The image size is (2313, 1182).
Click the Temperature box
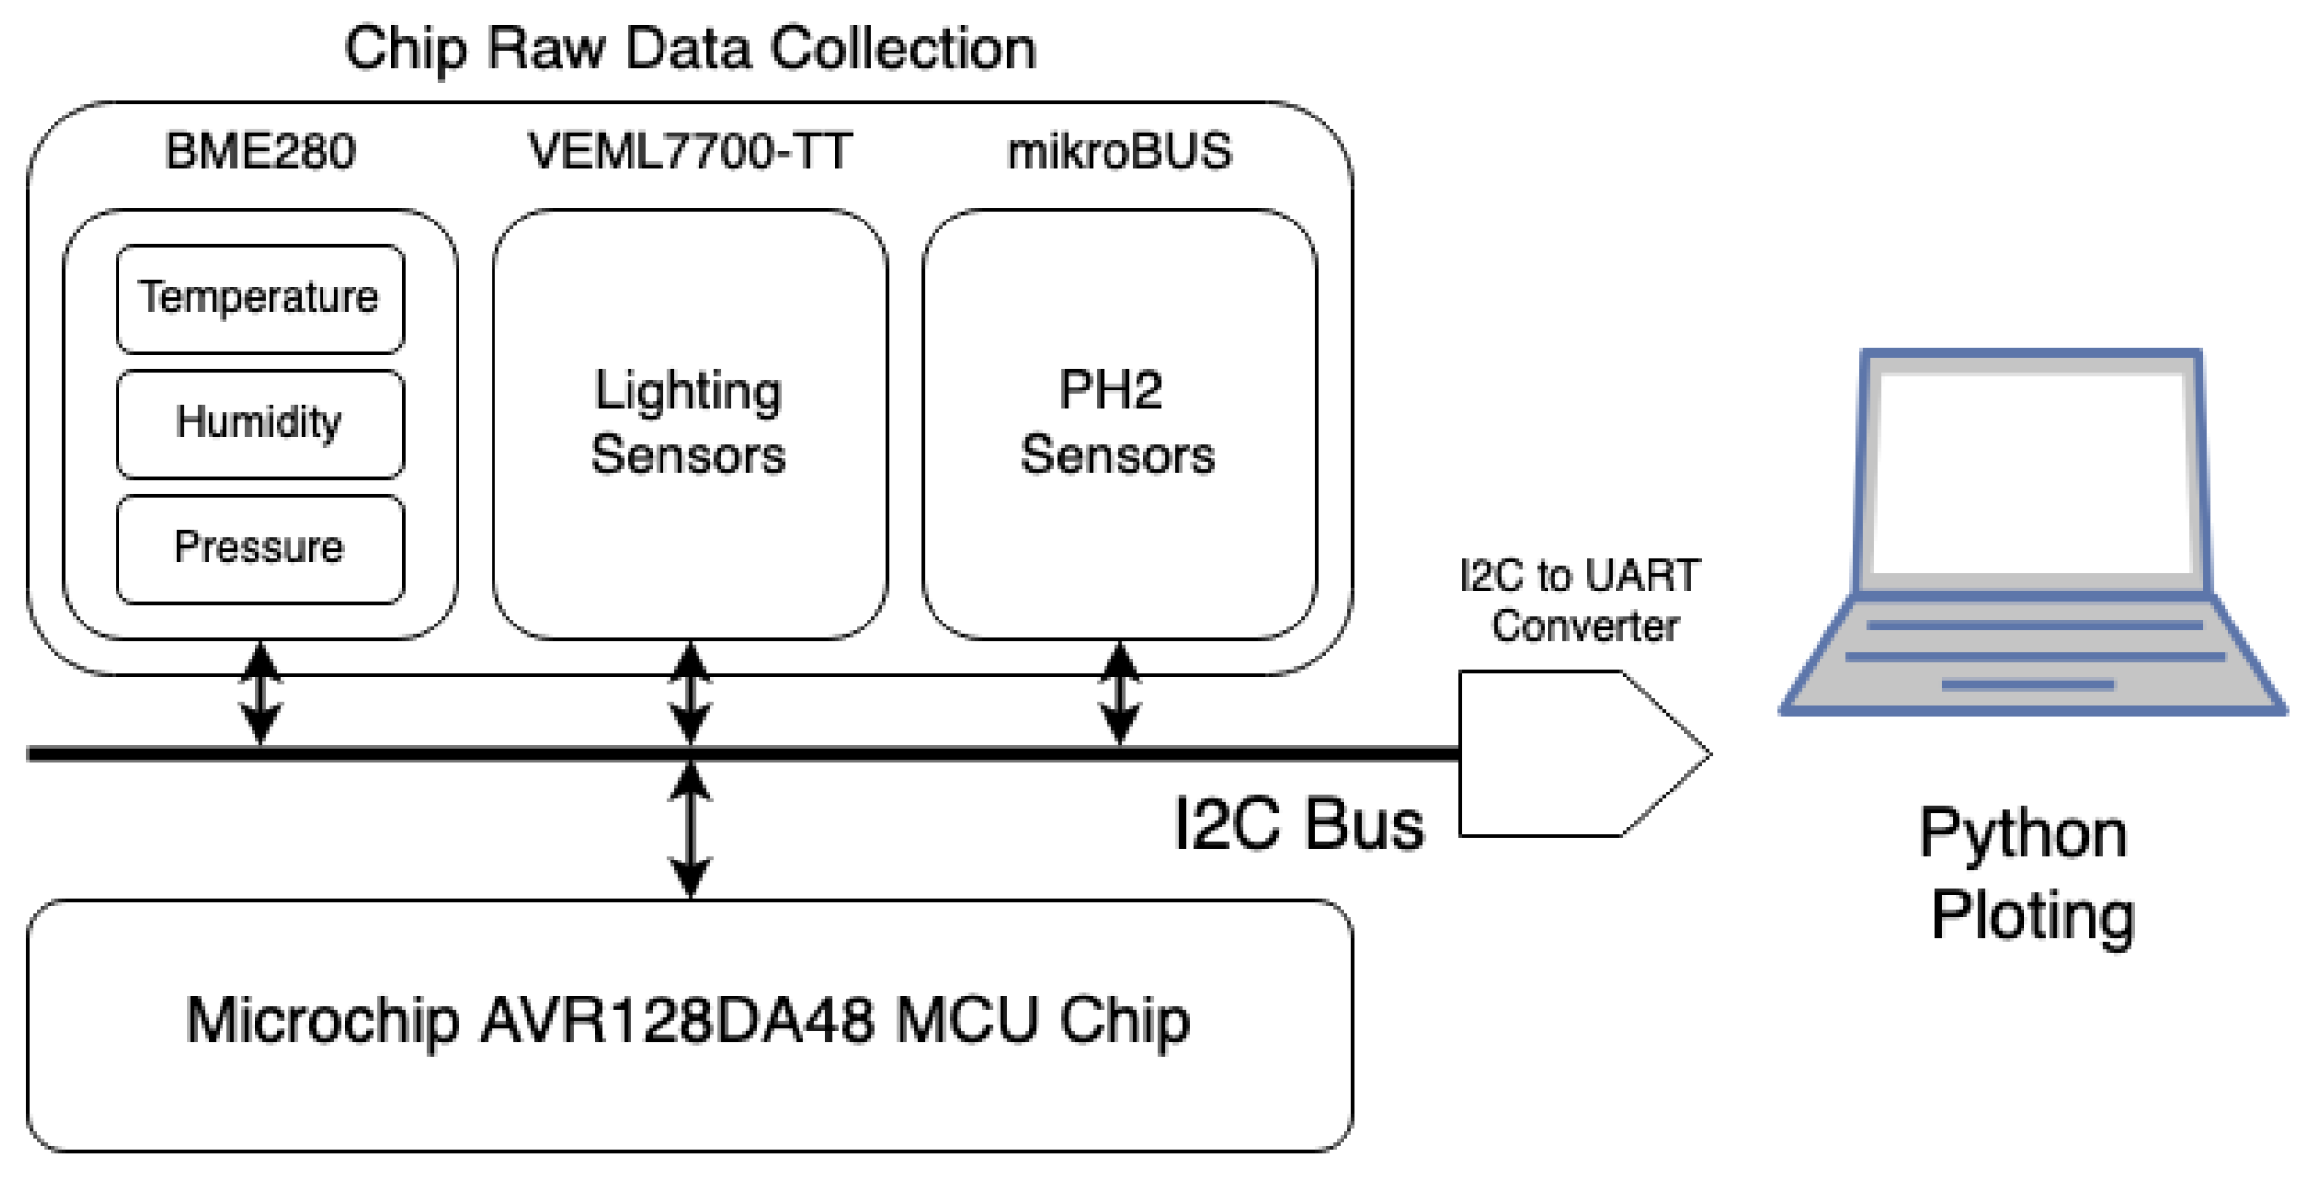coord(259,298)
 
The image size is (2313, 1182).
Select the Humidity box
coord(259,423)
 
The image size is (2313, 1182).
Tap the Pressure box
coord(259,549)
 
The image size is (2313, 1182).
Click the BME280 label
coord(259,152)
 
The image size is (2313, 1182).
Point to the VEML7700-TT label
coord(689,152)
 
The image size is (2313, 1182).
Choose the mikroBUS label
coord(1118,152)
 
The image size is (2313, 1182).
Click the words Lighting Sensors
coord(689,422)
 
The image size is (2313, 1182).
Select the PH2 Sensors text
coord(1117,422)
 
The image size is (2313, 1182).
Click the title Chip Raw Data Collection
coord(689,49)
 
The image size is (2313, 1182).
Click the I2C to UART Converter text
coord(1581,600)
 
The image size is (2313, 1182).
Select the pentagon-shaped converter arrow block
coord(1564,754)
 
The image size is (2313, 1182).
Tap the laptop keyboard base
coord(2032,656)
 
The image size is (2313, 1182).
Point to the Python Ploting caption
coord(2028,874)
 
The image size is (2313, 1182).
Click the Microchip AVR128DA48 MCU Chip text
coord(689,1022)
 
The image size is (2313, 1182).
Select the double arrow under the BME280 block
coord(260,692)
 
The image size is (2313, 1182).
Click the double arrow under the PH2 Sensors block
coord(1119,692)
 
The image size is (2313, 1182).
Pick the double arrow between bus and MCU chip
coord(690,827)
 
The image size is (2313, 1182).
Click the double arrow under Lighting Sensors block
coord(690,692)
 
